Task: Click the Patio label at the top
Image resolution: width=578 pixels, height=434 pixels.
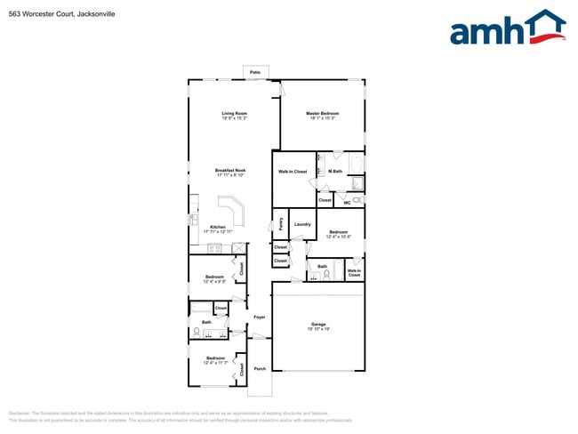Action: [x=255, y=72]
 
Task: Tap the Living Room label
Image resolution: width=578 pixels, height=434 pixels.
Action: [x=235, y=113]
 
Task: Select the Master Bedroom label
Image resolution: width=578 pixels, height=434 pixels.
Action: [x=322, y=113]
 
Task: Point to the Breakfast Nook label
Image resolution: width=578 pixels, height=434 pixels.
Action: [x=230, y=170]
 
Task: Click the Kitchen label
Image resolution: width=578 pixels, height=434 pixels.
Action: [x=217, y=226]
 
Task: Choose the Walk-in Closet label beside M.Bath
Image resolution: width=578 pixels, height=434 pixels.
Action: [x=293, y=171]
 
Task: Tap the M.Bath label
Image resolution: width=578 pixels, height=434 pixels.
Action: [x=335, y=171]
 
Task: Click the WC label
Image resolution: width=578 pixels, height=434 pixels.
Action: [x=347, y=203]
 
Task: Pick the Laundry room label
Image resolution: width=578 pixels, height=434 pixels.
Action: [x=302, y=224]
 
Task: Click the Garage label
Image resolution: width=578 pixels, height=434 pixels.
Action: [x=318, y=324]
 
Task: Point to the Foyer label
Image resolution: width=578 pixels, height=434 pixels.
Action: [x=260, y=317]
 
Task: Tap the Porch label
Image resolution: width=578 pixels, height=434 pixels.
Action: [x=260, y=368]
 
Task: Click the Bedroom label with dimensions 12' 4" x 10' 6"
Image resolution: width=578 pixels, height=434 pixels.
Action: [x=339, y=232]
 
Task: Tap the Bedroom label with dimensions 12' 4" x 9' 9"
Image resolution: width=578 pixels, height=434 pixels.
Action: [x=215, y=277]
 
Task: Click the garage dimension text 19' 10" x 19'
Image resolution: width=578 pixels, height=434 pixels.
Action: [x=318, y=329]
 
